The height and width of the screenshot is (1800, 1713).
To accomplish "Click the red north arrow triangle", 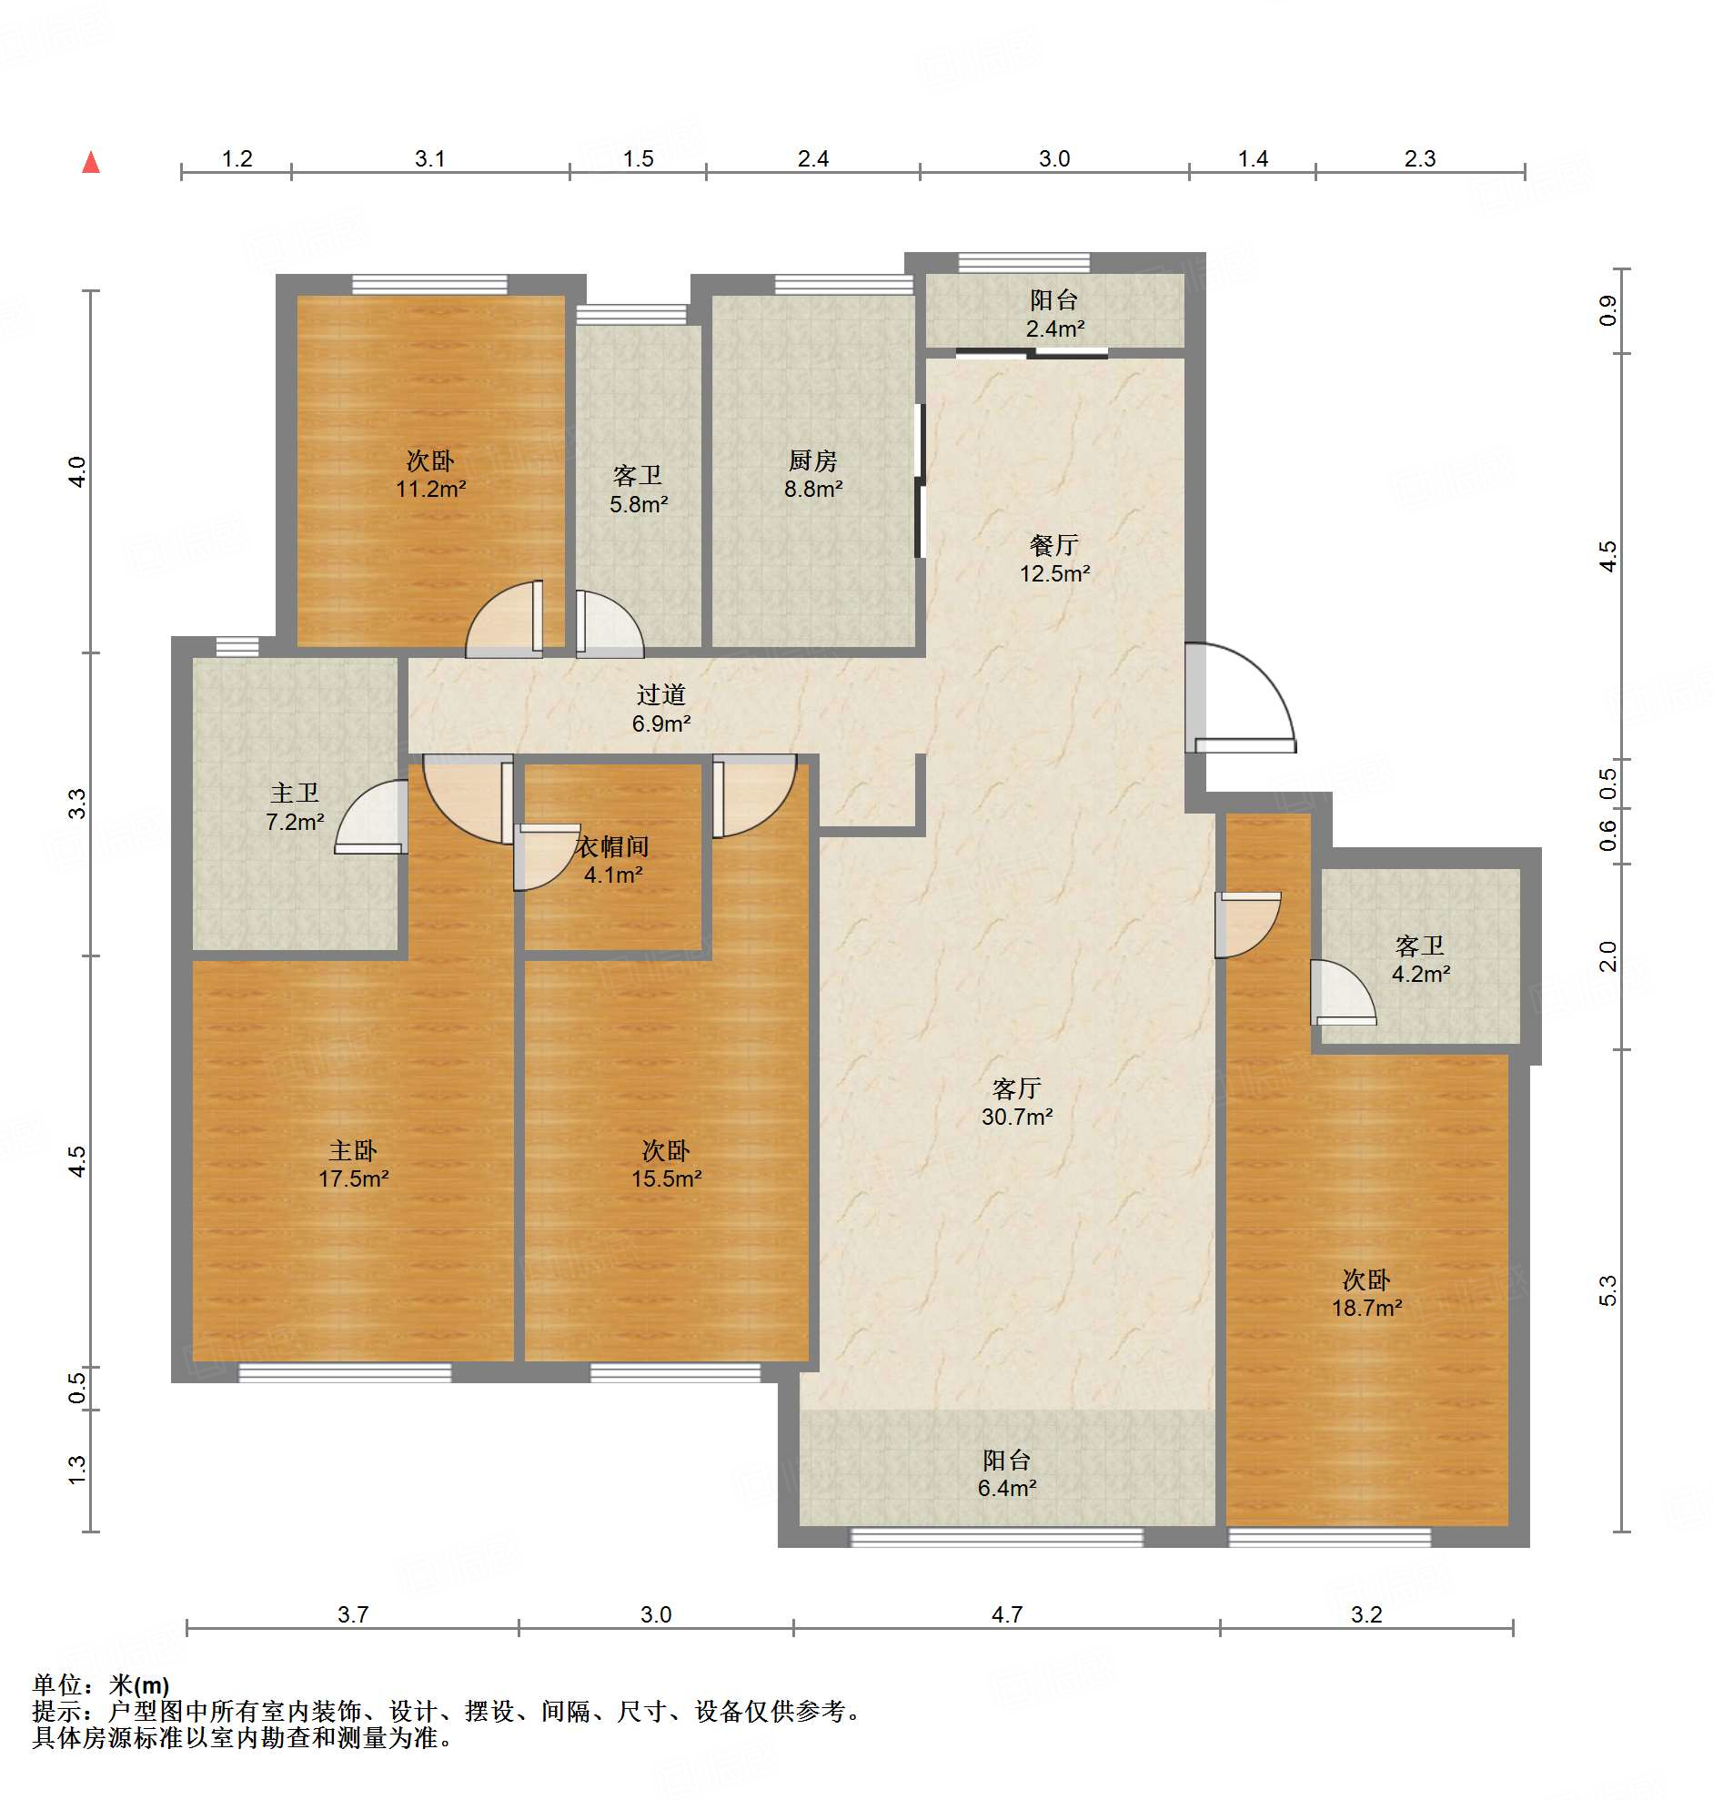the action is point(91,163).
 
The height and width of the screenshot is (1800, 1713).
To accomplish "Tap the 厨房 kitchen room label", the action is point(812,474).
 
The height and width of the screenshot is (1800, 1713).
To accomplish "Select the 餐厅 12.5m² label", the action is point(1054,559).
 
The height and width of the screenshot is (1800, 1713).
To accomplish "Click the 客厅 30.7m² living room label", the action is point(1017,1102).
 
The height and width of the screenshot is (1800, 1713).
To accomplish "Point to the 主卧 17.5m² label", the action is point(353,1165).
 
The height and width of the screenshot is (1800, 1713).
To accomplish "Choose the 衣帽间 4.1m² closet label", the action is point(613,860).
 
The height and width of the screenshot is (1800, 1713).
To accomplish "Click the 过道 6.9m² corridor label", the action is point(661,709).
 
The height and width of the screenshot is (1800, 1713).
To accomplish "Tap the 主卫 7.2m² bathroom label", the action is point(294,807).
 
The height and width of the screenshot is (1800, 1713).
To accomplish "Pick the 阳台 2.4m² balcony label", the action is point(1054,314).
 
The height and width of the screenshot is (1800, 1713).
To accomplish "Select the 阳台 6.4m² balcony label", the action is point(1007,1473).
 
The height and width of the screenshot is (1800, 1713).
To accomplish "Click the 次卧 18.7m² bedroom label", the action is point(1367,1293).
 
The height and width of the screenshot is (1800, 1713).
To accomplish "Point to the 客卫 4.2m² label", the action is point(1421,960).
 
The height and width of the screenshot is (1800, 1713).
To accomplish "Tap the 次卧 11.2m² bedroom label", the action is point(430,474).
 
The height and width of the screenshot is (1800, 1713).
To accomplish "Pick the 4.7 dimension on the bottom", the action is point(1007,1614).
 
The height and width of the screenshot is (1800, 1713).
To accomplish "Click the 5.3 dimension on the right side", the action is point(1608,1290).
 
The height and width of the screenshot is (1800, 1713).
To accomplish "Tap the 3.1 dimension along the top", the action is point(430,159).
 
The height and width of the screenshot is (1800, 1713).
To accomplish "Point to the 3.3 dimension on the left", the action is point(76,804).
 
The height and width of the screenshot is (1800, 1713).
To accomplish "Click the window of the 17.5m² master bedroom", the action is point(345,1372).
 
